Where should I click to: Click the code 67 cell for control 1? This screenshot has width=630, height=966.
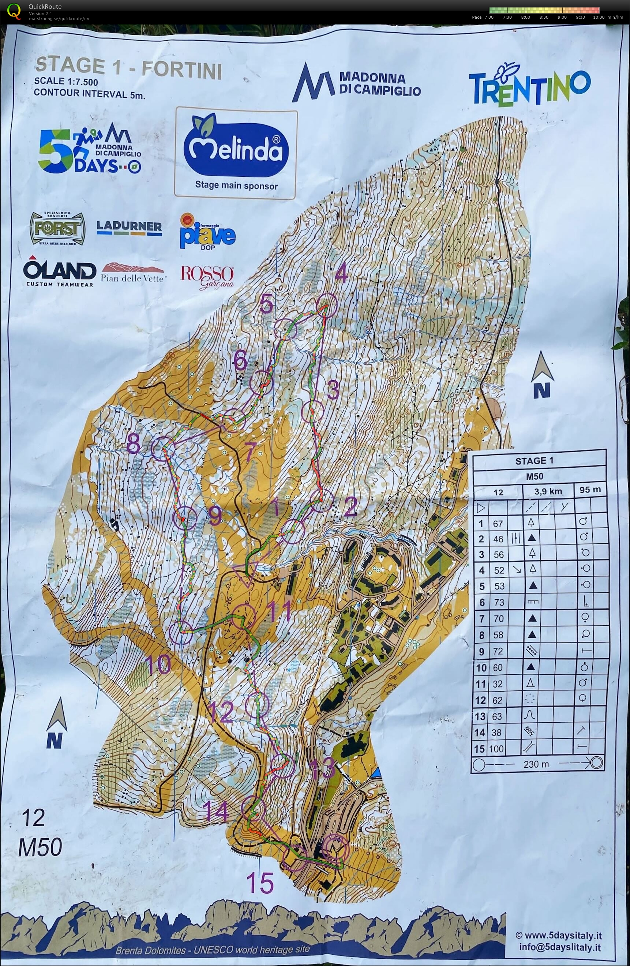498,524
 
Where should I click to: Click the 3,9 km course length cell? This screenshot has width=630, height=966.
548,491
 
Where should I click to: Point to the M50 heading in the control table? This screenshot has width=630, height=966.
535,476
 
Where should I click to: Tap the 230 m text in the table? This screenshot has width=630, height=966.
536,764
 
